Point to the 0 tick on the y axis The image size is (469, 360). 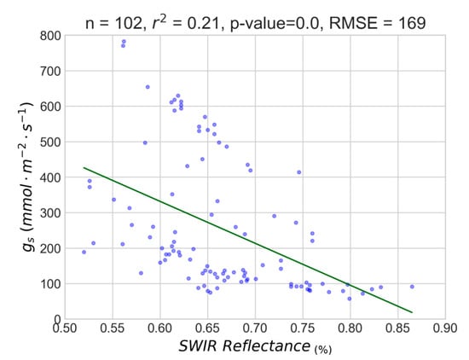tap(55, 317)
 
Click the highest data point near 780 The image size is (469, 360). tap(124, 42)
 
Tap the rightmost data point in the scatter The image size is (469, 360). tap(412, 287)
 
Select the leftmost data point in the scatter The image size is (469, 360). tap(84, 252)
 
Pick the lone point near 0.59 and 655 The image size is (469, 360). tap(148, 87)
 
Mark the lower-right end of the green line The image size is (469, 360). tap(412, 312)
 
